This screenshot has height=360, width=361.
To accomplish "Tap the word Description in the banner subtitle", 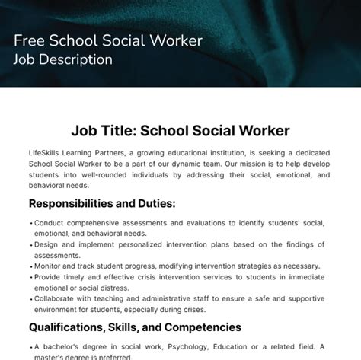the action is pos(86,59).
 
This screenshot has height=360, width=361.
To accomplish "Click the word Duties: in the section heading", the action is pos(155,203).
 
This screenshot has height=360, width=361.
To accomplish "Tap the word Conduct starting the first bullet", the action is pos(50,223).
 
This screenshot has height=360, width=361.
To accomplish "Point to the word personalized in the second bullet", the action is pos(135,245).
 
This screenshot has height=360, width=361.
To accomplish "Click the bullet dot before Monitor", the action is pos(30,266).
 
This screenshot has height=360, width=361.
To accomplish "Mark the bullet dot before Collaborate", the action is pos(30,299).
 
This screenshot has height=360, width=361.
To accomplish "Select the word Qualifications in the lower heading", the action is pos(68,327).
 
